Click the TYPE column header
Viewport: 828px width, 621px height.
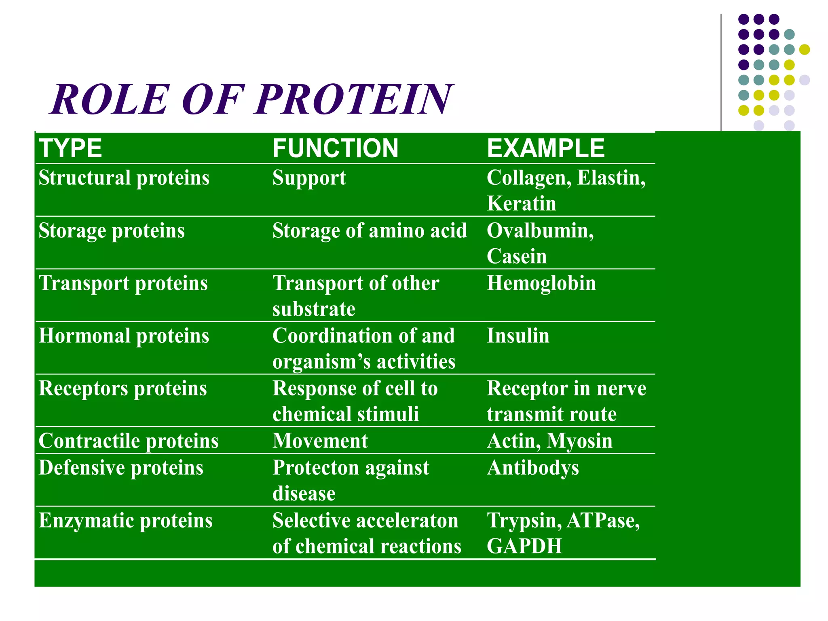(x=70, y=148)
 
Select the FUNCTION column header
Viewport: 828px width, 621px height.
(x=335, y=148)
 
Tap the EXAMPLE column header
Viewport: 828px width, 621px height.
(x=545, y=148)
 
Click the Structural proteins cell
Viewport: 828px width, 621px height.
(x=124, y=178)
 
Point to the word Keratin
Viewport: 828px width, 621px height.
(x=521, y=203)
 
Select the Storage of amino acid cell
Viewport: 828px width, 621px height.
(x=370, y=231)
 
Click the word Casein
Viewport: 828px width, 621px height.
(x=517, y=256)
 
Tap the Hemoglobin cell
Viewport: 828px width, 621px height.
(x=541, y=283)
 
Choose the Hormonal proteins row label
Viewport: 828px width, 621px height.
(x=124, y=336)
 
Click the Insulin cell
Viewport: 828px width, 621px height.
(x=518, y=336)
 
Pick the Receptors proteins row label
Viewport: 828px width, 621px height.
(x=123, y=389)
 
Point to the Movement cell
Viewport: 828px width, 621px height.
(x=320, y=441)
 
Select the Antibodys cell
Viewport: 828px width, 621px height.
(x=533, y=468)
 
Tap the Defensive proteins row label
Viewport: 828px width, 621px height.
(x=121, y=468)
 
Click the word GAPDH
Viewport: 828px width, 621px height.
(x=524, y=546)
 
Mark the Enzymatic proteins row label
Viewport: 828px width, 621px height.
(x=126, y=521)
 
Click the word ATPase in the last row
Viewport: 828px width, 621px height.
(x=603, y=521)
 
